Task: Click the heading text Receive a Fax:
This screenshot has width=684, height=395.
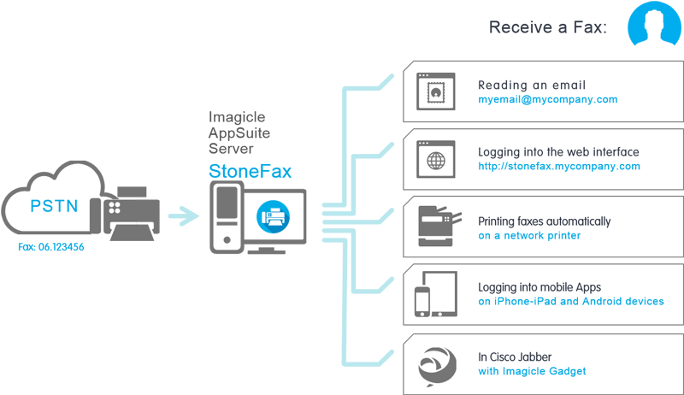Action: point(548,27)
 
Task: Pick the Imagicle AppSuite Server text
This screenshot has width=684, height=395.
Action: point(239,133)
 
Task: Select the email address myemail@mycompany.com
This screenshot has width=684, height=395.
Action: point(548,100)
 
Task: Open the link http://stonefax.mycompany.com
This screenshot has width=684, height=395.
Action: point(559,167)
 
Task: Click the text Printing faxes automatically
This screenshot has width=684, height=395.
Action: point(545,221)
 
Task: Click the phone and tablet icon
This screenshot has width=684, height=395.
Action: point(433,295)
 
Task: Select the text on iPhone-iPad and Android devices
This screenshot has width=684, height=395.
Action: point(570,301)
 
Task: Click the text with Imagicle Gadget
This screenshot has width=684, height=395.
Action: point(532,370)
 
